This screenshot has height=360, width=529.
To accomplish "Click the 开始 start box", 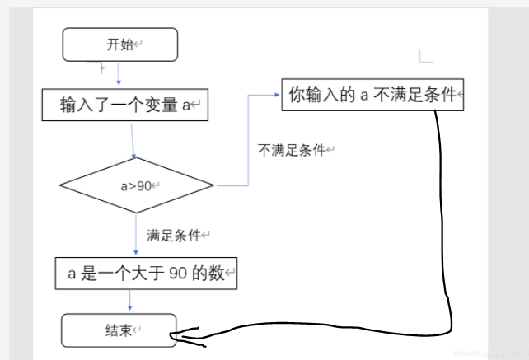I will (x=120, y=44).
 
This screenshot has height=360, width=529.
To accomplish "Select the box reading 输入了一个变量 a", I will (x=124, y=105).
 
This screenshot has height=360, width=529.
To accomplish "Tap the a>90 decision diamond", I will (x=136, y=185).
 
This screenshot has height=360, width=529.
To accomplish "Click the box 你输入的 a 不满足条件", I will (x=373, y=95).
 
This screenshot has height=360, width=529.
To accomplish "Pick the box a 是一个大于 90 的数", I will (x=147, y=274).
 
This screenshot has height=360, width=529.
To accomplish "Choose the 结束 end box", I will (x=119, y=330).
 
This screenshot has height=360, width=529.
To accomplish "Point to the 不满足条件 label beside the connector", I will (x=292, y=150).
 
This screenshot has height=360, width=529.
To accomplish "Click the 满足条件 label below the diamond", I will (x=174, y=236).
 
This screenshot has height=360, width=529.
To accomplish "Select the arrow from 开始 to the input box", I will (x=119, y=74).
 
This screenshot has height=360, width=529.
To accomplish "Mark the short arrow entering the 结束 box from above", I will (x=129, y=302).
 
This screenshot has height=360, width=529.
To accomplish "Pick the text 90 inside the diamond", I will (x=144, y=186).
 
